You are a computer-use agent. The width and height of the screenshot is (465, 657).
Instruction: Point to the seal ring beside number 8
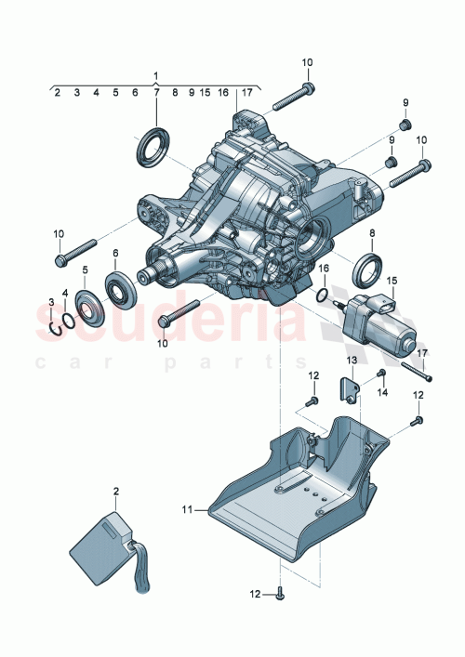[366, 268]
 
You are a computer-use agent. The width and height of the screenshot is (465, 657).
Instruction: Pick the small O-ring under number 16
[322, 299]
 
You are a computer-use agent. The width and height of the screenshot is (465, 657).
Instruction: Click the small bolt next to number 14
[381, 374]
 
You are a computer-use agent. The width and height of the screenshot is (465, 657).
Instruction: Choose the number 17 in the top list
[246, 93]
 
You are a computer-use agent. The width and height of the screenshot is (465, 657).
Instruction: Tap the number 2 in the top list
[57, 93]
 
